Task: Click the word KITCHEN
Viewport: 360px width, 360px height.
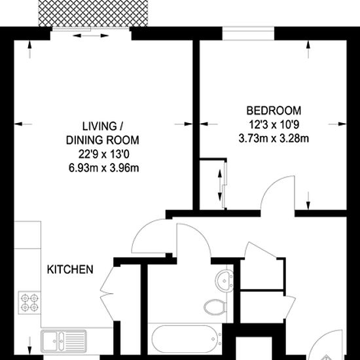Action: (x=70, y=269)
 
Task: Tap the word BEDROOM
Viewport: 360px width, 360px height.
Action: (x=274, y=111)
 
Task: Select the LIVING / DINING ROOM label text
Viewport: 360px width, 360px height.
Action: (x=103, y=133)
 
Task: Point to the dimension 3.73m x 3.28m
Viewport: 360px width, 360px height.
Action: (x=274, y=139)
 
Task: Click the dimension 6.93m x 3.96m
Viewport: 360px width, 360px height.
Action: (x=104, y=168)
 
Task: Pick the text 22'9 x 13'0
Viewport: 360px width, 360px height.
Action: (x=104, y=154)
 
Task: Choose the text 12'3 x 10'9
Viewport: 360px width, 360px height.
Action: (x=274, y=124)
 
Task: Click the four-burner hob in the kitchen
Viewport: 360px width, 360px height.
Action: (x=29, y=302)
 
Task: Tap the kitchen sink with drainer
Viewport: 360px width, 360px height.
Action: (x=64, y=341)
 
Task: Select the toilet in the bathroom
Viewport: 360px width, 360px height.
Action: (x=215, y=307)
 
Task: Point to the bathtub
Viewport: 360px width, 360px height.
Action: (x=185, y=338)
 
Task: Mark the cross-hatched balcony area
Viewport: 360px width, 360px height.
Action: (x=93, y=13)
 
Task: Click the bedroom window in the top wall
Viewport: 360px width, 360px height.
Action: (x=248, y=33)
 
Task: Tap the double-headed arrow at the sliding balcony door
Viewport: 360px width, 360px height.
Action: (x=91, y=35)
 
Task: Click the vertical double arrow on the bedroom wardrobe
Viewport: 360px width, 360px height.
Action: (x=220, y=185)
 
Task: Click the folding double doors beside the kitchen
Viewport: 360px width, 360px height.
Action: (x=106, y=294)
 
